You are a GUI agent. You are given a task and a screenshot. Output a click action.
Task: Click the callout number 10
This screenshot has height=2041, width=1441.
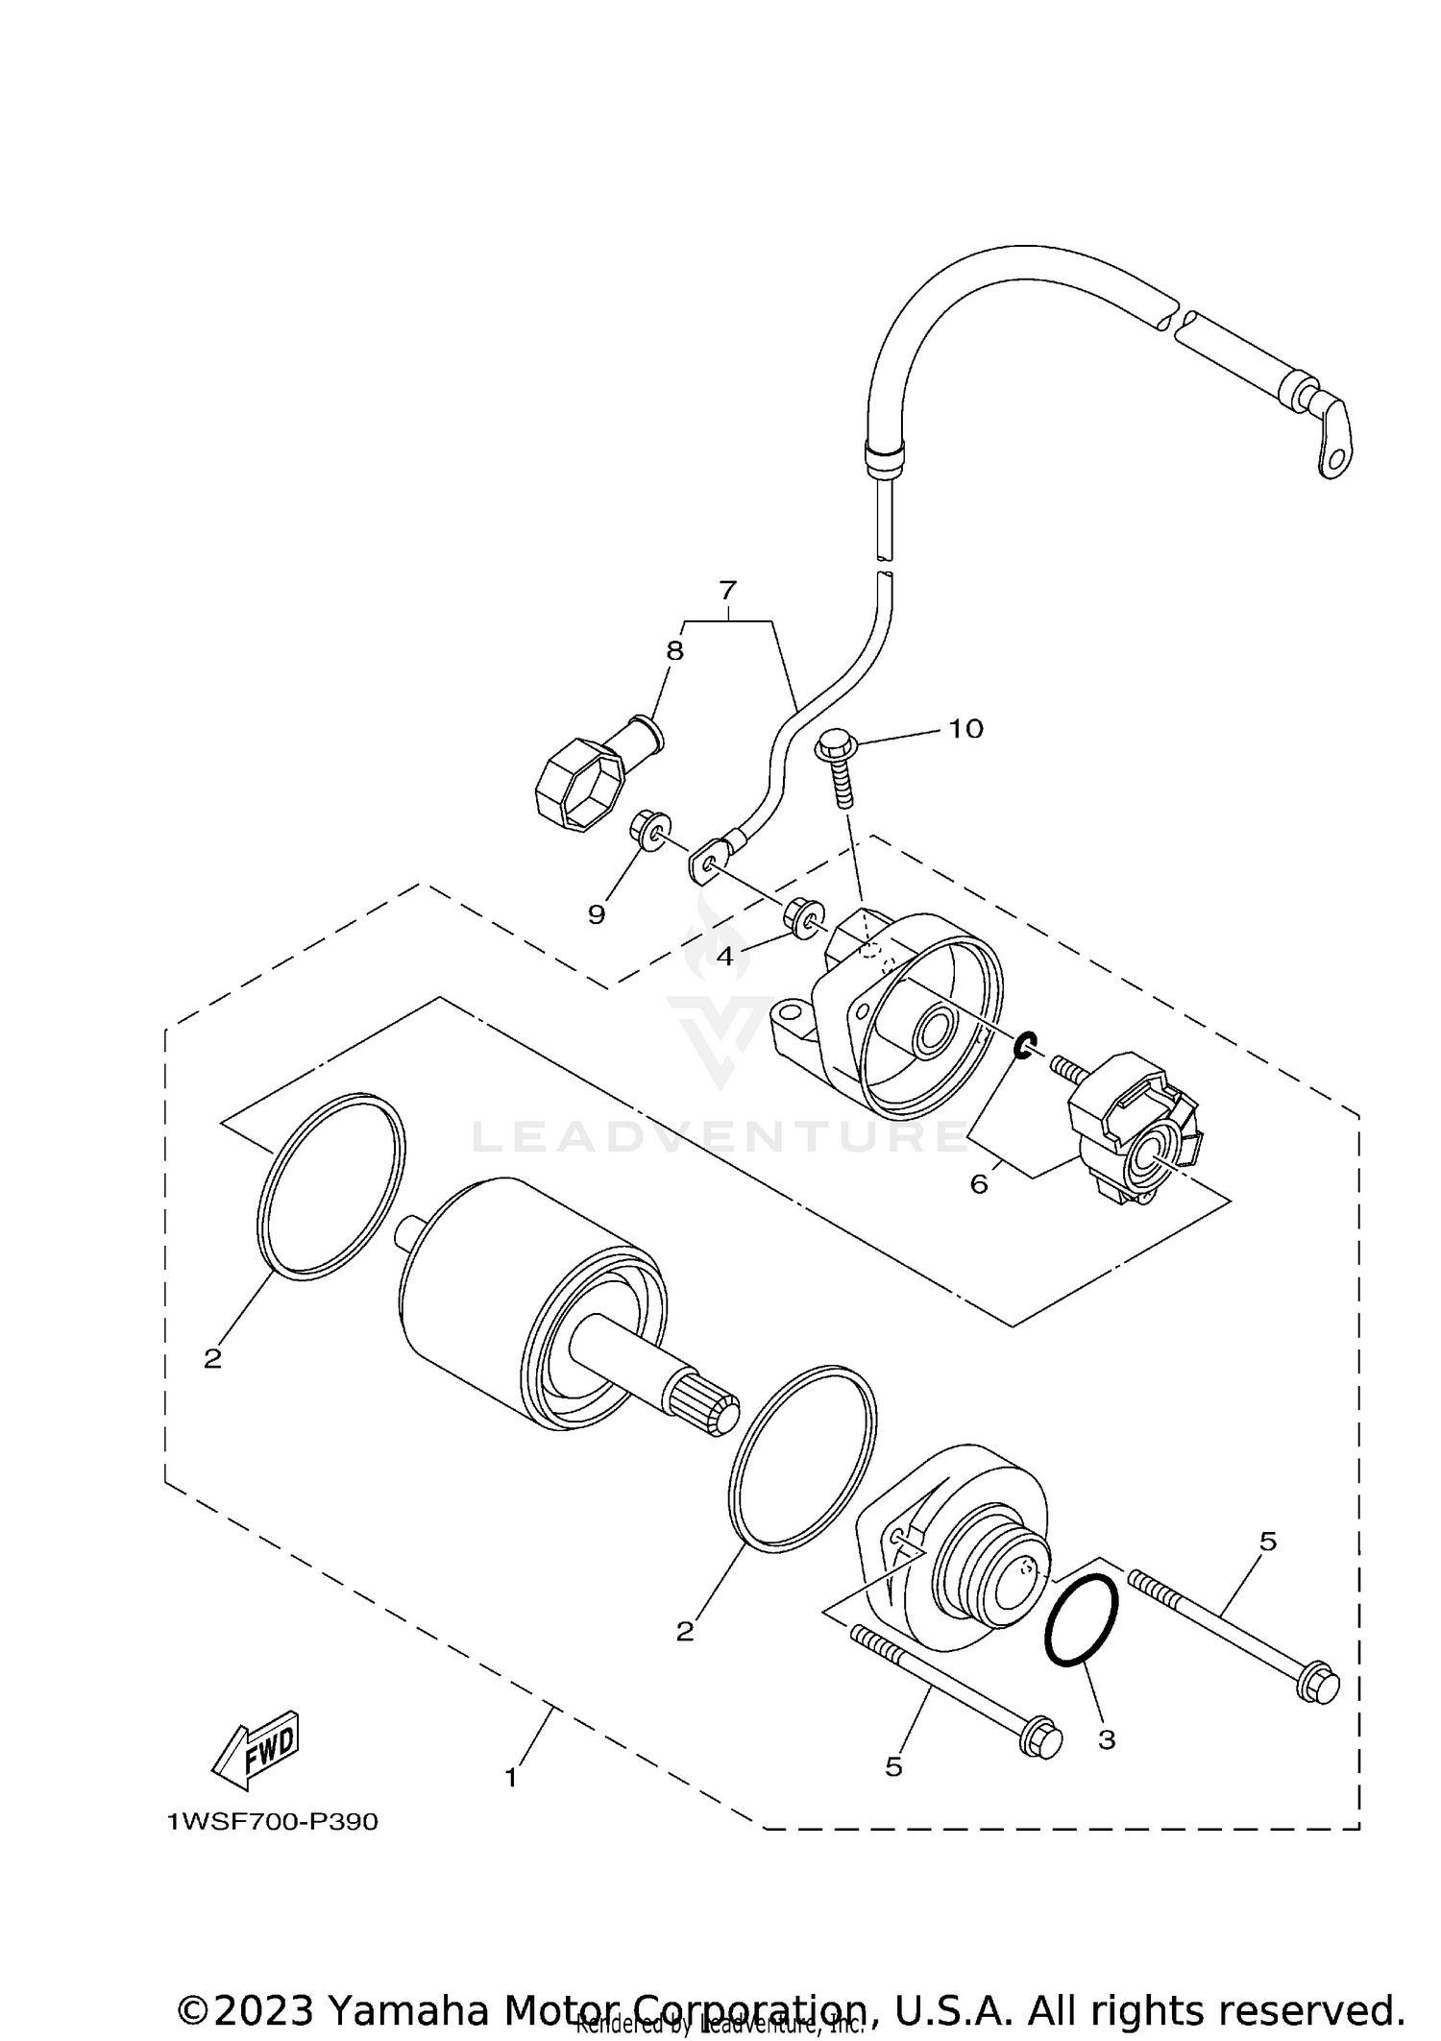(x=965, y=729)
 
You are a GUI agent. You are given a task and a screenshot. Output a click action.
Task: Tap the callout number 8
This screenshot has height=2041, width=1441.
(x=675, y=651)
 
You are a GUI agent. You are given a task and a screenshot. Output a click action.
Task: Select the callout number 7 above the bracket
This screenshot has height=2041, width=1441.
(x=727, y=590)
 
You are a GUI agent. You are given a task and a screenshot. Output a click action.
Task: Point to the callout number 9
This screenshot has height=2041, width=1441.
(x=597, y=914)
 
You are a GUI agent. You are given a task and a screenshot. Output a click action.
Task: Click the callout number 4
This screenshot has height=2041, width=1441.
(x=724, y=956)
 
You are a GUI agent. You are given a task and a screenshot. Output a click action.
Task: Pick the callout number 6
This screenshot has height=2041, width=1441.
(x=978, y=1184)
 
